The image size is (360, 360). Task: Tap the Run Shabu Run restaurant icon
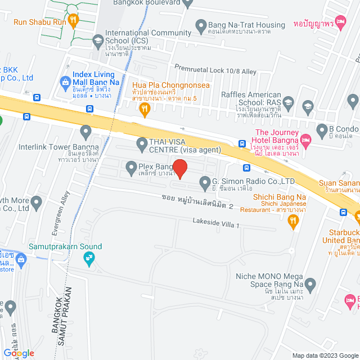tap(73, 21)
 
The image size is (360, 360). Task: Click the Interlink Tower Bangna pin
tap(85, 133)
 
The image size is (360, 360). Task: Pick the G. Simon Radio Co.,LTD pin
tap(204, 182)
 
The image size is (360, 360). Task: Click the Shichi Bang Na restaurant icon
tap(292, 222)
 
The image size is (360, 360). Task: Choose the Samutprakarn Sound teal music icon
tap(88, 258)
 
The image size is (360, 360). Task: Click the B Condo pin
tap(322, 129)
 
